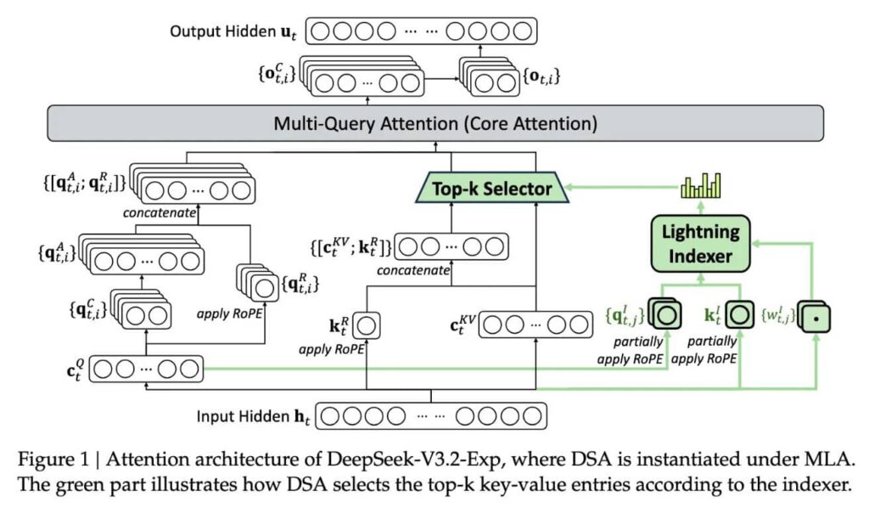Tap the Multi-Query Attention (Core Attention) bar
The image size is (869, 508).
[434, 124]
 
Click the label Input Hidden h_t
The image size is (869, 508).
[252, 416]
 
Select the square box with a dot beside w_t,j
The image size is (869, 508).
[814, 316]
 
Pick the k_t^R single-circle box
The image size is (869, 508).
[369, 325]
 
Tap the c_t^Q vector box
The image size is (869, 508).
[146, 370]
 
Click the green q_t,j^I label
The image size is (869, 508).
[625, 314]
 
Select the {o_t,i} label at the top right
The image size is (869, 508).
[541, 78]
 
